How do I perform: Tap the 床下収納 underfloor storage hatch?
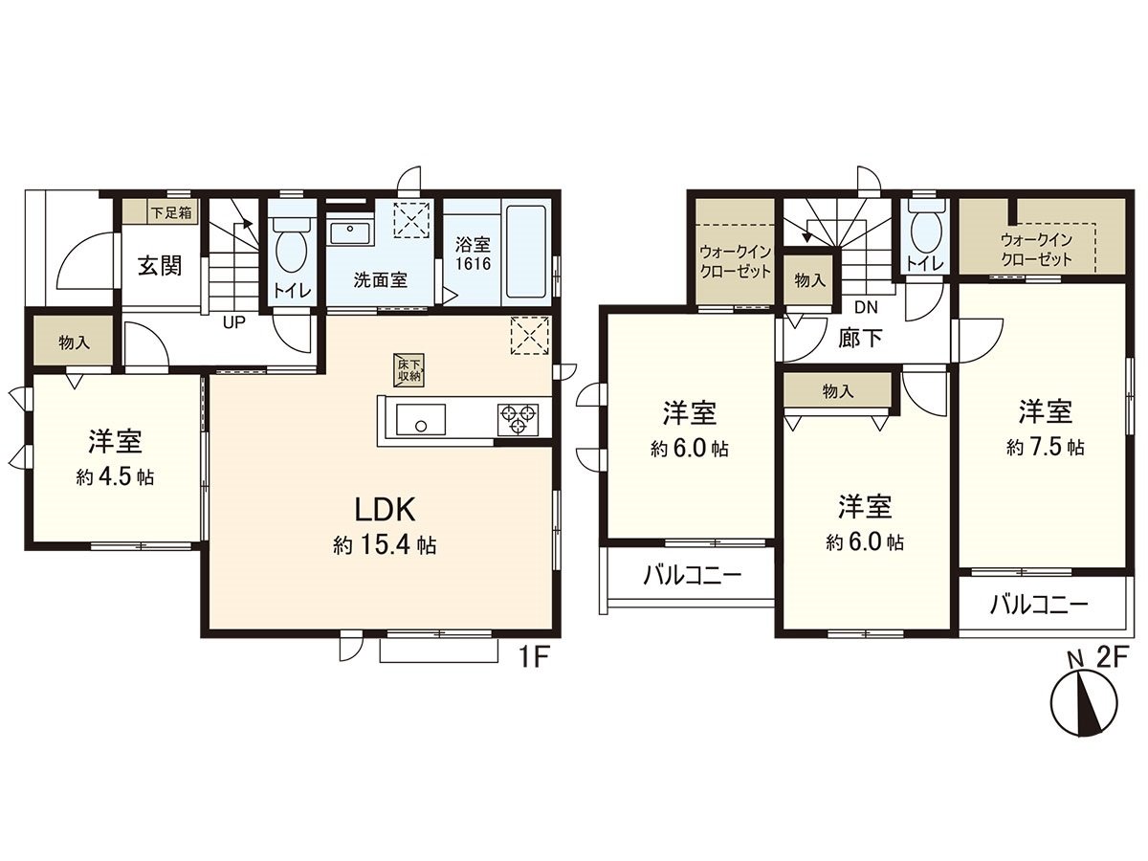coord(409,369)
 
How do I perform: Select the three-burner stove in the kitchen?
coord(518,417)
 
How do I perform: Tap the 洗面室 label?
coord(381,280)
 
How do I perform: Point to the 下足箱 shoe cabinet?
coord(160,212)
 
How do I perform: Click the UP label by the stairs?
coord(233,321)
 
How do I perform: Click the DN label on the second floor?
coord(866,307)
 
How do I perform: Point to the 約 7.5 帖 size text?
coord(1045,446)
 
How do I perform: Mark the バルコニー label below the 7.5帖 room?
coord(1039,605)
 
